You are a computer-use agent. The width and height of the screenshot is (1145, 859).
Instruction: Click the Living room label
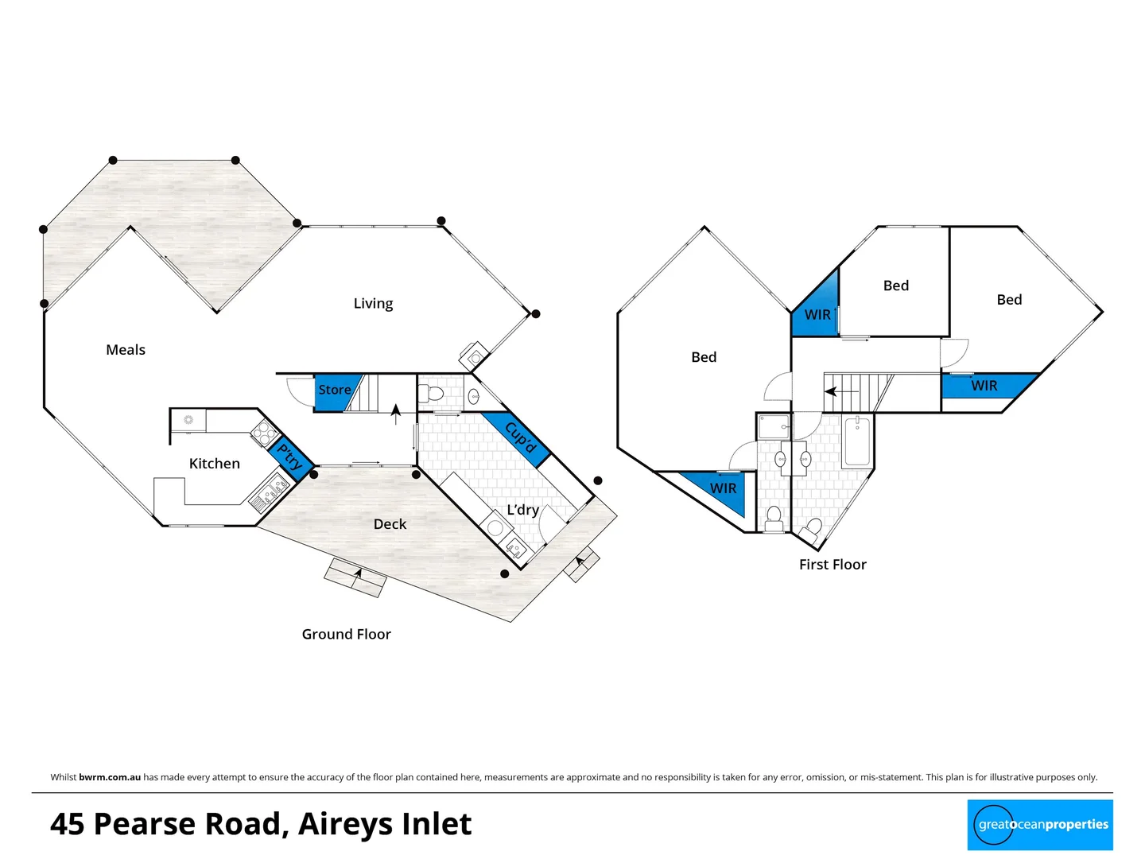[373, 303]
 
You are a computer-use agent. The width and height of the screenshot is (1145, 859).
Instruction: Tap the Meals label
[126, 350]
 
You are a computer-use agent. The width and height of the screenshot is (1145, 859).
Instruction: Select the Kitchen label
[214, 464]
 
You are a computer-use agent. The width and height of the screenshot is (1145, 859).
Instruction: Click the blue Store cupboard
[335, 391]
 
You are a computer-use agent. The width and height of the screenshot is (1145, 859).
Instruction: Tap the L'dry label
[522, 510]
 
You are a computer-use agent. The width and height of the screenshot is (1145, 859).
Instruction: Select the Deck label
[390, 524]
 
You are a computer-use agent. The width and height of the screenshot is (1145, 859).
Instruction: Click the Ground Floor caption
[346, 634]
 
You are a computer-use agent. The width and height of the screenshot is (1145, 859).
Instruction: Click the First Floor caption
[833, 565]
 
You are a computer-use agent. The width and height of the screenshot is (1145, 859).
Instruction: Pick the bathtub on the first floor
[856, 441]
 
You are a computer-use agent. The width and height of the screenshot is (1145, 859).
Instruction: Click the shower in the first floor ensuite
[773, 427]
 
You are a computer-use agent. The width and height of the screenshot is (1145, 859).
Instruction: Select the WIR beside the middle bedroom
[817, 314]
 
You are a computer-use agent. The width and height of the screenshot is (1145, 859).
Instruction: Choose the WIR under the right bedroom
[984, 386]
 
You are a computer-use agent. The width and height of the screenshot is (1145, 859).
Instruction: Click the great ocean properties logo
[1040, 825]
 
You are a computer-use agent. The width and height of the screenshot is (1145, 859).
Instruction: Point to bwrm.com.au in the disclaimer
[110, 777]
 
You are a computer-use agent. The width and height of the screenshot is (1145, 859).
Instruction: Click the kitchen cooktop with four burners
[264, 433]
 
